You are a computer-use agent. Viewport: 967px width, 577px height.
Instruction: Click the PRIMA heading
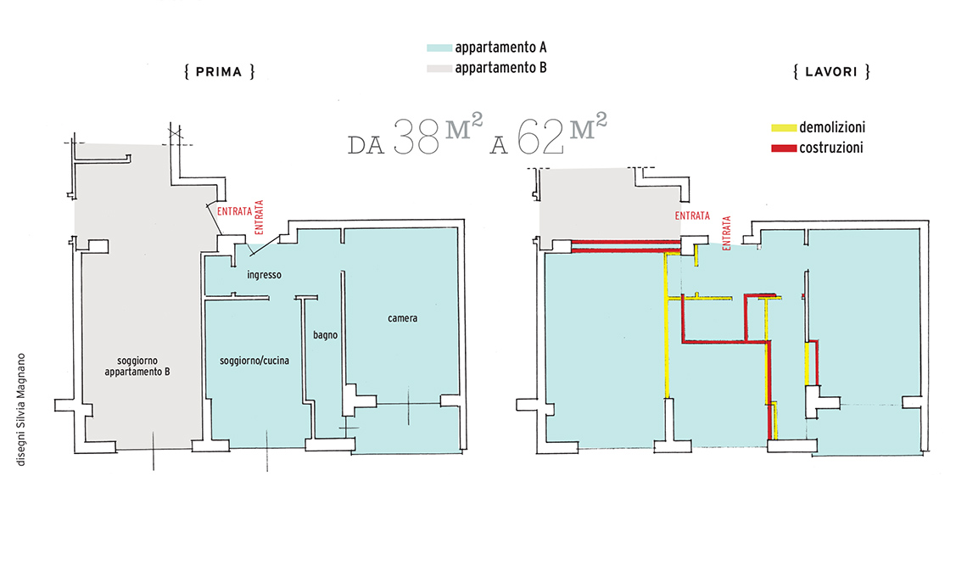219,71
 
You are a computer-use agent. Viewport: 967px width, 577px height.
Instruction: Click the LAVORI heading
831,71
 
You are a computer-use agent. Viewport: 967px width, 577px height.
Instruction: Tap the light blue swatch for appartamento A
439,48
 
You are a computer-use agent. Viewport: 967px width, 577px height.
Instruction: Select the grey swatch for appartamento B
439,68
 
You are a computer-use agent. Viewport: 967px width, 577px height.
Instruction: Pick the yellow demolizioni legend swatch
783,128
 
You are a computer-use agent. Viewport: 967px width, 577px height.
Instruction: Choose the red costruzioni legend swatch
783,148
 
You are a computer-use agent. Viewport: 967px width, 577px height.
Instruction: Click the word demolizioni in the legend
832,127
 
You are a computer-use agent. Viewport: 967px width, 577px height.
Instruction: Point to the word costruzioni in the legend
830,148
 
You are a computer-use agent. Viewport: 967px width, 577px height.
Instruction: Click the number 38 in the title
416,137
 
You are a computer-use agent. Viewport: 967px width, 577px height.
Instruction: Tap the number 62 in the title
540,137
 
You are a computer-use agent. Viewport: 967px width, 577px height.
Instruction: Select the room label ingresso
264,275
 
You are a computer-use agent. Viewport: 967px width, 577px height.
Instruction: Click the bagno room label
325,335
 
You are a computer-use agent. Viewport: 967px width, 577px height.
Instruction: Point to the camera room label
402,318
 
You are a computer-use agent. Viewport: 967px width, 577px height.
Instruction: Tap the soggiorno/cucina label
254,361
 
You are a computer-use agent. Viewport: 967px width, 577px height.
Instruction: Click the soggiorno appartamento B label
137,367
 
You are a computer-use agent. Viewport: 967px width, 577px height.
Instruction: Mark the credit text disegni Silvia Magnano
21,409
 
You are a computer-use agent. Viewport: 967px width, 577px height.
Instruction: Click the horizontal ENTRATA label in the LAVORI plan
692,216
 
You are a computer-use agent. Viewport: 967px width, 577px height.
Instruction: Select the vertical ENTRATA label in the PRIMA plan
259,217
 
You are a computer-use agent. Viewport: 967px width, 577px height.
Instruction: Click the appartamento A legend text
500,48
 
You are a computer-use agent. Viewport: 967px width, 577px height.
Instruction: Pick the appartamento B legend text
500,68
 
